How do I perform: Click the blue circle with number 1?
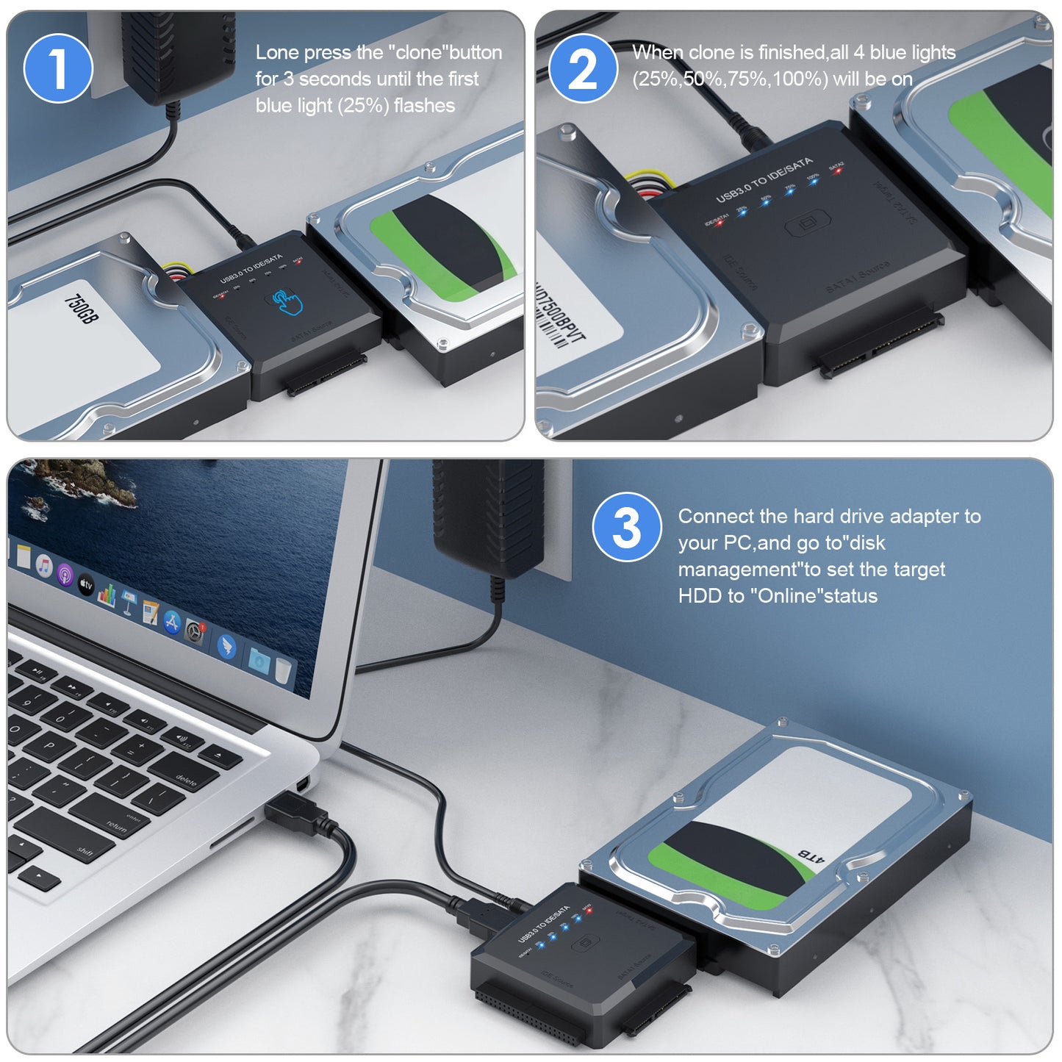[x=58, y=68]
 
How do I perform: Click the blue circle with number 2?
[x=583, y=68]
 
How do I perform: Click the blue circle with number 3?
[x=626, y=527]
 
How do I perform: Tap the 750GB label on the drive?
[x=81, y=309]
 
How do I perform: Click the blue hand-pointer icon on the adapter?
[x=288, y=301]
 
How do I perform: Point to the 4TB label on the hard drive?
[x=811, y=855]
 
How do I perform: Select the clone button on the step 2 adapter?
[x=807, y=223]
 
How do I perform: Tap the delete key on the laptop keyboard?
[x=186, y=781]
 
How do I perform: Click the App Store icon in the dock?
[x=173, y=623]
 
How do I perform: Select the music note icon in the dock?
[x=44, y=566]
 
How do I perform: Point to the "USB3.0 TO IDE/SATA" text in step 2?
[x=764, y=179]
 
